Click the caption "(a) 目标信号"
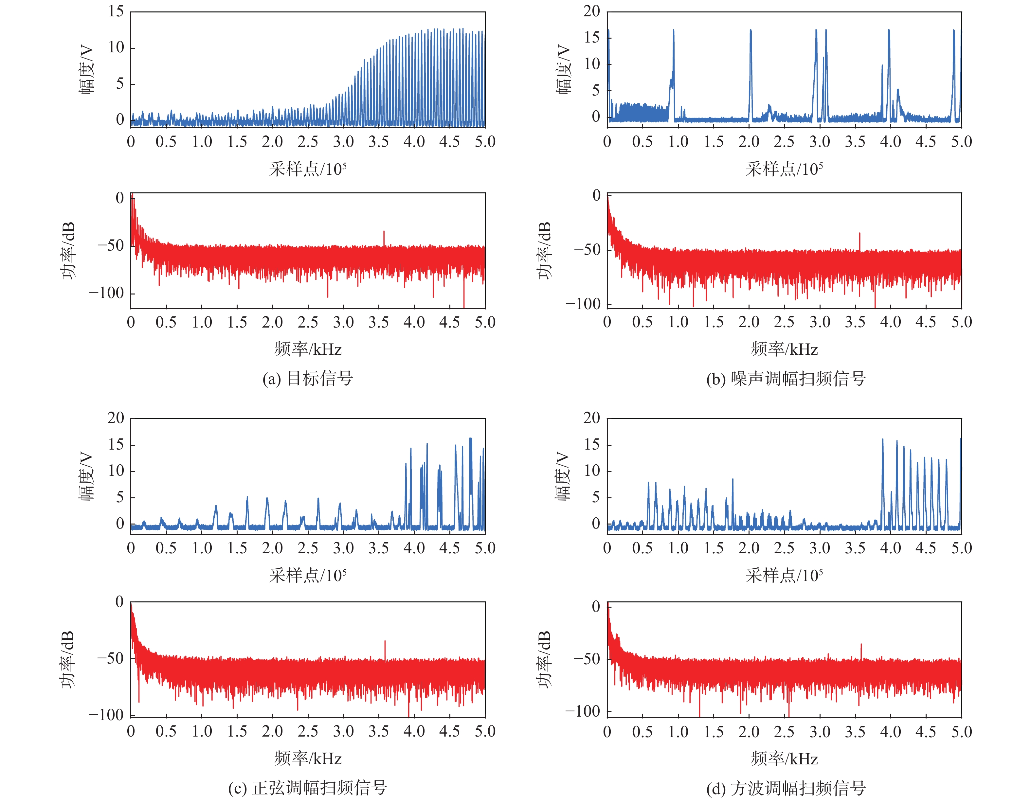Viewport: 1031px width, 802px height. pos(308,379)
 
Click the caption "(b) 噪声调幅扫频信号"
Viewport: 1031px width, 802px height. pos(786,379)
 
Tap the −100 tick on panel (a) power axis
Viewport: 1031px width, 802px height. pos(106,293)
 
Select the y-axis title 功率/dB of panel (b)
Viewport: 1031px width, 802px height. pos(544,250)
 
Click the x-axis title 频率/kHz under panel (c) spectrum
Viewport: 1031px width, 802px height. pos(308,758)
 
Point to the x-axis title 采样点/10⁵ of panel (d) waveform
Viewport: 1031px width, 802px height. pos(784,576)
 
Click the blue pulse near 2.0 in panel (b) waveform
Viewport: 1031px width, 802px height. pos(751,71)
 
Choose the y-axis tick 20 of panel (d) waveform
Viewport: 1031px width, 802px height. pos(591,418)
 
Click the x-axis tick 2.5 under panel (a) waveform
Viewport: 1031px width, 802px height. pos(308,142)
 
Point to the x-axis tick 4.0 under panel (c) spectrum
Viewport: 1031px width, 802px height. pos(414,731)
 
